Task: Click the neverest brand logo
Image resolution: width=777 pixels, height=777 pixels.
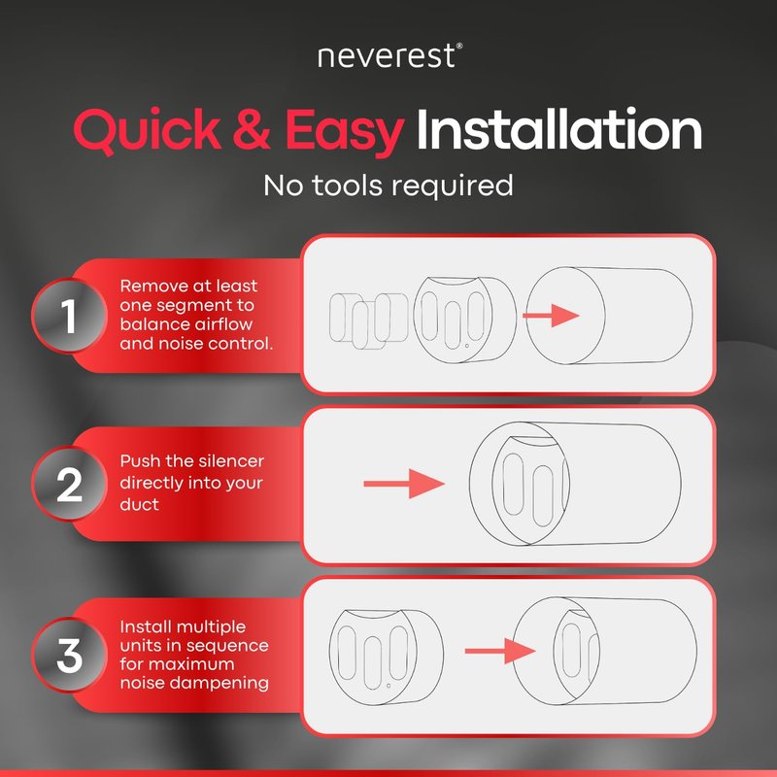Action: pyautogui.click(x=390, y=55)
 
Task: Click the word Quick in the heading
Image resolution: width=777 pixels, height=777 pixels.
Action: pyautogui.click(x=148, y=130)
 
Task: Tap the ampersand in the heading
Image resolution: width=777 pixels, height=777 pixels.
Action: pyautogui.click(x=252, y=129)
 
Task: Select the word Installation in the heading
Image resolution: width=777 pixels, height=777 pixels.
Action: pyautogui.click(x=559, y=129)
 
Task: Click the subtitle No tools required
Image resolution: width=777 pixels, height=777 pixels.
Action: pyautogui.click(x=388, y=186)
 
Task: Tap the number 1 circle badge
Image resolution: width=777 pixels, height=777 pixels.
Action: pyautogui.click(x=69, y=316)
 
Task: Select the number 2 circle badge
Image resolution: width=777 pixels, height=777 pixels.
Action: pyautogui.click(x=69, y=484)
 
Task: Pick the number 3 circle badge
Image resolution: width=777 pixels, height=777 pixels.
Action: pyautogui.click(x=69, y=655)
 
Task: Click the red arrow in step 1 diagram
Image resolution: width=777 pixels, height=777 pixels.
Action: pyautogui.click(x=551, y=315)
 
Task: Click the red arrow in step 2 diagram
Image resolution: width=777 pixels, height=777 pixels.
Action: pyautogui.click(x=404, y=484)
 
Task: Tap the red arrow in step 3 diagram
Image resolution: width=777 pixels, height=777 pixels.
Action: pyautogui.click(x=500, y=651)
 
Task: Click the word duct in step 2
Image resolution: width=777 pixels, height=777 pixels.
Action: pyautogui.click(x=139, y=504)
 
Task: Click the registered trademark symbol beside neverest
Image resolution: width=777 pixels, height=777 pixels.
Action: pyautogui.click(x=459, y=46)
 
